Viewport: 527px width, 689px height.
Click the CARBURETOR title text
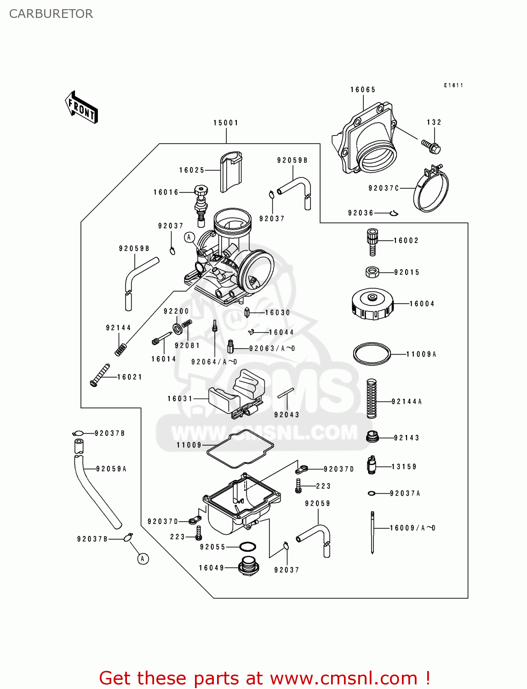click(x=51, y=14)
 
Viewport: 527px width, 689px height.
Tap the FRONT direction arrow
click(x=81, y=107)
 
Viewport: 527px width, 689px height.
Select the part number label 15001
click(x=226, y=123)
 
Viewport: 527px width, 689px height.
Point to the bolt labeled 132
click(x=431, y=146)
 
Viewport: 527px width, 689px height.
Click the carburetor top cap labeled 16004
click(x=372, y=304)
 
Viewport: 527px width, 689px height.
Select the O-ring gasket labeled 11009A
click(x=372, y=354)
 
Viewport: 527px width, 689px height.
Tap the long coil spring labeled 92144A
click(x=372, y=398)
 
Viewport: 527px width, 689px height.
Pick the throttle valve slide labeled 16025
click(x=231, y=172)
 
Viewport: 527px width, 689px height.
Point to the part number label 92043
click(x=286, y=415)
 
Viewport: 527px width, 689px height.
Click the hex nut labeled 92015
click(x=372, y=272)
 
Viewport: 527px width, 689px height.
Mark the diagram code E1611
click(x=453, y=85)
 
